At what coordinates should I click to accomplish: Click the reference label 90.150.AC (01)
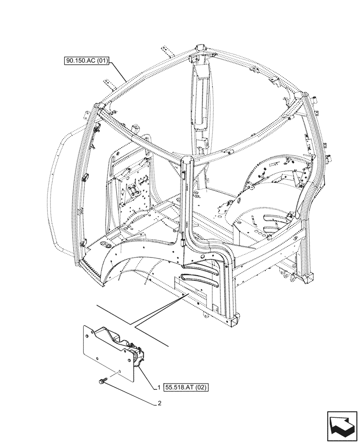86,61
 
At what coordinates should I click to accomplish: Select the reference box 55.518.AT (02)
186,387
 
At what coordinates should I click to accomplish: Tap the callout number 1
158,387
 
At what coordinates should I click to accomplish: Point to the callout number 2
158,404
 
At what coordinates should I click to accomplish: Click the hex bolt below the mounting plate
102,381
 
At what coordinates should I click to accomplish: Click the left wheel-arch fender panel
129,266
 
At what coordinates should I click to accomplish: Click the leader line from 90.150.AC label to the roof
119,70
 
